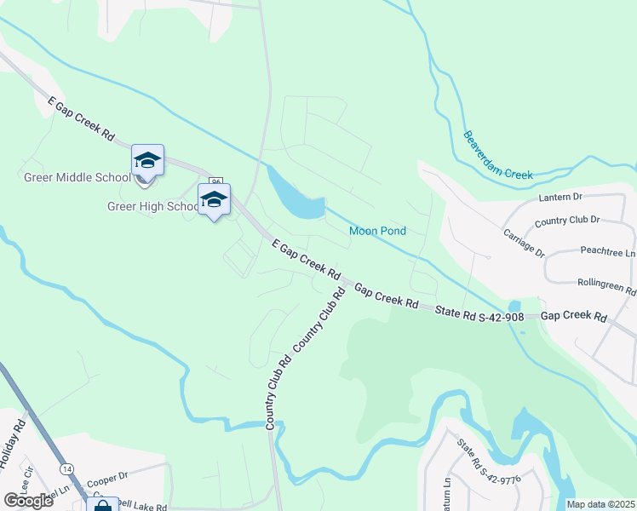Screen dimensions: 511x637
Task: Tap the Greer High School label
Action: [152, 206]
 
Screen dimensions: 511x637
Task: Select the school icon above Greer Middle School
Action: [146, 161]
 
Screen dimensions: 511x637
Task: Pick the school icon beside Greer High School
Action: [214, 201]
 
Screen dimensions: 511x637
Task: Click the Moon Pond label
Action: [377, 231]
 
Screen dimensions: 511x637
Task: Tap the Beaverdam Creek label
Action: [497, 156]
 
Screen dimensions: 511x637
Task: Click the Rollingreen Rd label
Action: [607, 287]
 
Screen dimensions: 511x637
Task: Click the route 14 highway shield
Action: [66, 468]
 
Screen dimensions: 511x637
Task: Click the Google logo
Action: [28, 501]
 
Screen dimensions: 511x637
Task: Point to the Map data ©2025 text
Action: [600, 504]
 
